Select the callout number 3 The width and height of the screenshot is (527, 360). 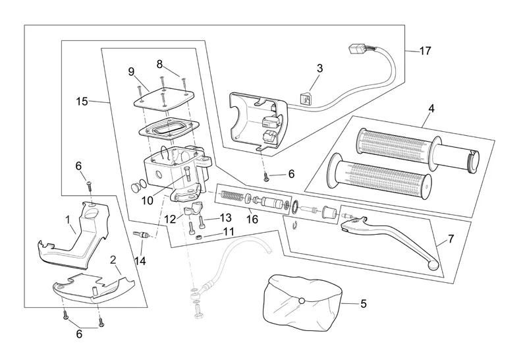point(319,68)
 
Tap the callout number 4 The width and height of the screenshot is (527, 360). point(430,107)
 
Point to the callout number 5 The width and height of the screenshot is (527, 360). point(363,304)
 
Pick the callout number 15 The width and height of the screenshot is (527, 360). point(82,102)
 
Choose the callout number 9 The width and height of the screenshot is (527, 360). point(131,71)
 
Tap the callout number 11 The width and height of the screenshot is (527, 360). point(228,231)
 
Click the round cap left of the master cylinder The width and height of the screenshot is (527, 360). point(138,187)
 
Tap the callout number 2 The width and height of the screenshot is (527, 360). point(113,260)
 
